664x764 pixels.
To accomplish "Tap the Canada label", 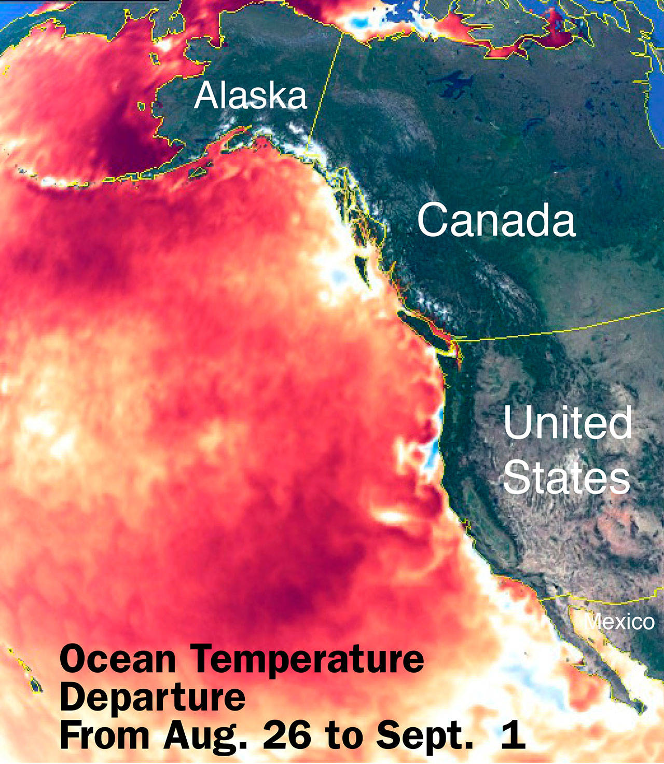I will pos(496,220).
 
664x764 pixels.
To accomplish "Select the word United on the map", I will pos(568,422).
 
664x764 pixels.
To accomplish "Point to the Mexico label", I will pos(619,621).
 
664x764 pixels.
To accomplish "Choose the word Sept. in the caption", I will pos(424,736).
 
